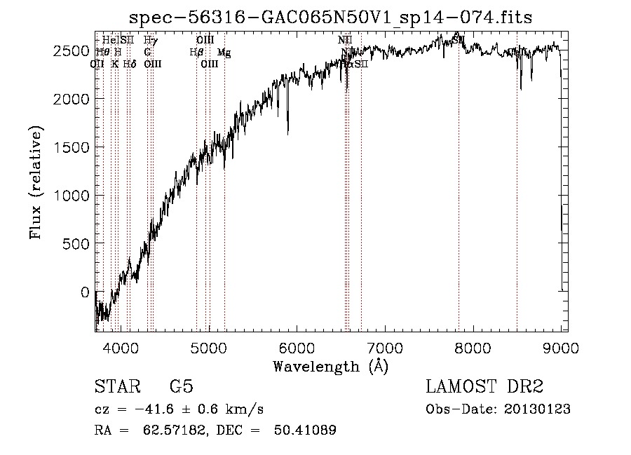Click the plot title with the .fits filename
(330, 18)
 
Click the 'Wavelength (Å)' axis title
(330, 365)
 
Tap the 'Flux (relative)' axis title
(36, 182)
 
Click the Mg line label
(224, 53)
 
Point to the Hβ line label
(196, 52)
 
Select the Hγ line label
(149, 40)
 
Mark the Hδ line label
(129, 64)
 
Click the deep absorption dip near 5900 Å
(288, 130)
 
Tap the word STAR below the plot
(116, 387)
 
